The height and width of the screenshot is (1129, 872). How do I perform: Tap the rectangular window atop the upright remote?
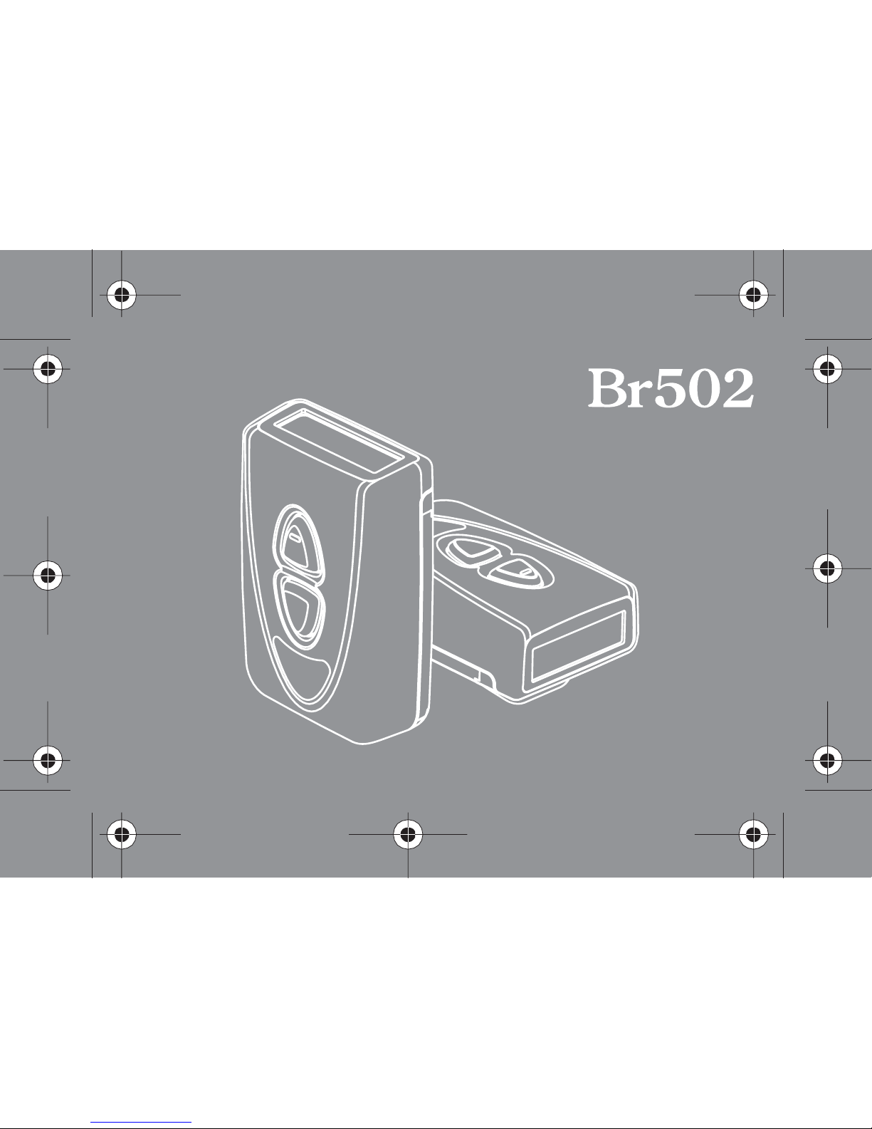coord(338,441)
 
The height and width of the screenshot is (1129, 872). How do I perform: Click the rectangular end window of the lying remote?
coord(578,646)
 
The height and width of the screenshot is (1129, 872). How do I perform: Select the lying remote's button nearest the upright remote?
coord(471,549)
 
